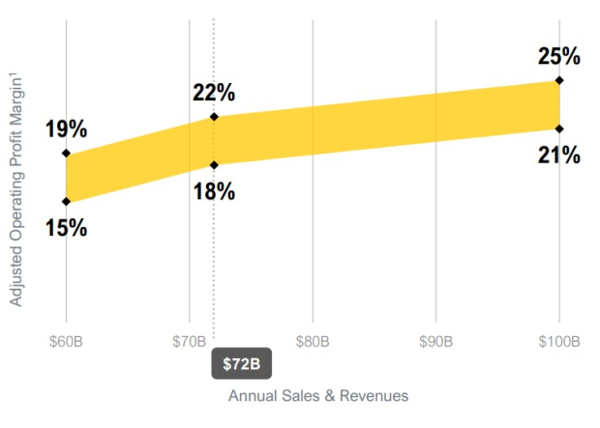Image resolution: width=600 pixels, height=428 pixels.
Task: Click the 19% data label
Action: click(66, 128)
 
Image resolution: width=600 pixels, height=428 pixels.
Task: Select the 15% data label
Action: click(66, 228)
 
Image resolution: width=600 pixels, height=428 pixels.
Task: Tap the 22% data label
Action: click(214, 93)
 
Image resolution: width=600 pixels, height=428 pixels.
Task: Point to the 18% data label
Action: click(214, 191)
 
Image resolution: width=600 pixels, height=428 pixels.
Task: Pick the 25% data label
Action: click(559, 56)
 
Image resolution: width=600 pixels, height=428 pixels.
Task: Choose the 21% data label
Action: click(559, 156)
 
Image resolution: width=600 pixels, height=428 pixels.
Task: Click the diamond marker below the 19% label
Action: click(66, 154)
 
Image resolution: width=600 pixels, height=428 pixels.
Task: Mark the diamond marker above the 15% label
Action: click(66, 201)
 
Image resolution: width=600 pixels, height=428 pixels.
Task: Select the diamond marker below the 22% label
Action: click(214, 117)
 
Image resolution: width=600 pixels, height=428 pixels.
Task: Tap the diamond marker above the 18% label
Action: click(214, 165)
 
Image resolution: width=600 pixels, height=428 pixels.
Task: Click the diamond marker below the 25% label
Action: click(559, 80)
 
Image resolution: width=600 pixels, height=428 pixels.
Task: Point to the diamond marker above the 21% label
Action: click(559, 129)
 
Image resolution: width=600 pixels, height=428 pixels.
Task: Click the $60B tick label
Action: click(66, 341)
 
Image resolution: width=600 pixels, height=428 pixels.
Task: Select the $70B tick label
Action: click(190, 341)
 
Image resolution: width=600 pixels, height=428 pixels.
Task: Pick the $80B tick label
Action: click(313, 341)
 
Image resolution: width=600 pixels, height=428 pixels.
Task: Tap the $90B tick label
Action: click(435, 341)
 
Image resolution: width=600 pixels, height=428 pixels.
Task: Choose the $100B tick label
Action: click(559, 341)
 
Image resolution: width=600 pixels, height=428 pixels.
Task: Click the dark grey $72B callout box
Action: click(242, 363)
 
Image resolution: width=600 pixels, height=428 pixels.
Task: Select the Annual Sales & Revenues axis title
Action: click(318, 396)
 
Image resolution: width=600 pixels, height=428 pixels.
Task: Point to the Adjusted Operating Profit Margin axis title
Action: click(15, 189)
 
